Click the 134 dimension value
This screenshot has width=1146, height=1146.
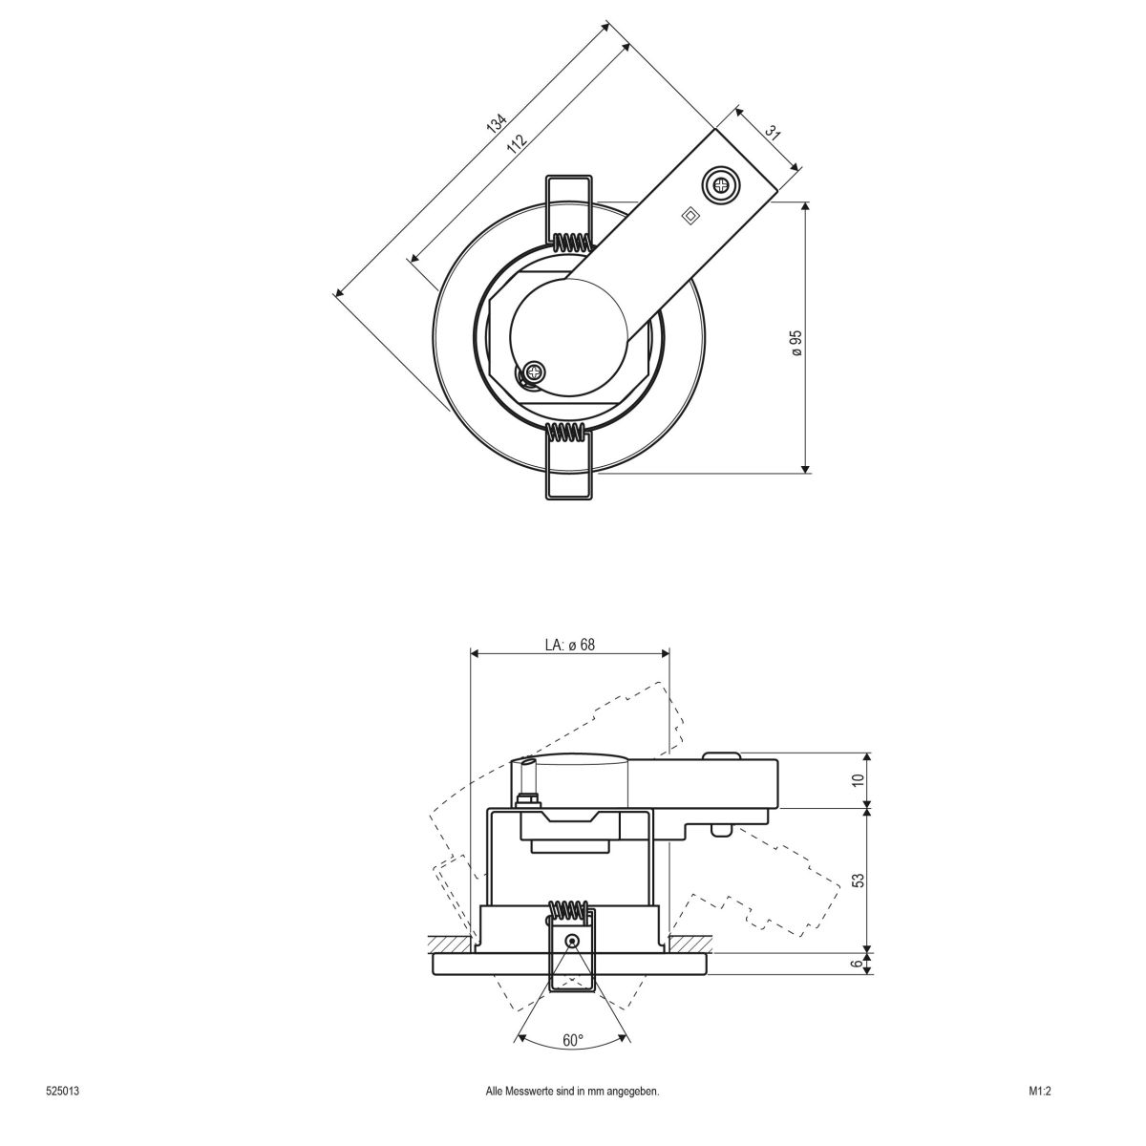point(495,124)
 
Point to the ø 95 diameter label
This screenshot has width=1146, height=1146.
point(796,343)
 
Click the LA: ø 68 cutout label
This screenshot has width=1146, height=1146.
point(570,645)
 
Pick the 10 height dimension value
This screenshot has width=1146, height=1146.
point(858,779)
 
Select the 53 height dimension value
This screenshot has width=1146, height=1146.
point(858,880)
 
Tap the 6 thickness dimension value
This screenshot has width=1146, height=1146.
point(858,964)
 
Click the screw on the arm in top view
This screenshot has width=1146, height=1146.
point(720,184)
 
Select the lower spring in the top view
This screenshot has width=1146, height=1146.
point(570,434)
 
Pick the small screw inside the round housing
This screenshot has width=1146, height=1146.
point(535,372)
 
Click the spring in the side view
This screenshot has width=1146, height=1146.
point(570,910)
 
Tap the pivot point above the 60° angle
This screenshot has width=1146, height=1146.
point(571,941)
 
